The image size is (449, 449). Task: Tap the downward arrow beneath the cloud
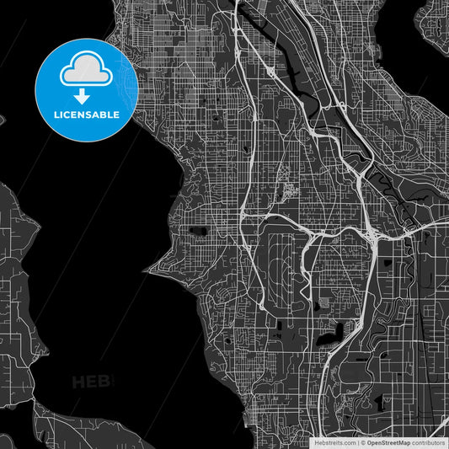pyautogui.click(x=87, y=96)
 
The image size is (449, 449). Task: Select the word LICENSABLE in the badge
pyautogui.click(x=87, y=115)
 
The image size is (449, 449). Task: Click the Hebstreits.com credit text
pyautogui.click(x=334, y=442)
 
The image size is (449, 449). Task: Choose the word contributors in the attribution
pyautogui.click(x=428, y=442)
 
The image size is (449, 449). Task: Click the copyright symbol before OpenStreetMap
pyautogui.click(x=363, y=442)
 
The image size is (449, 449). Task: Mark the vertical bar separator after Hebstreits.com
pyautogui.click(x=357, y=442)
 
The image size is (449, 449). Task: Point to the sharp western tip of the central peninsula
pyautogui.click(x=147, y=270)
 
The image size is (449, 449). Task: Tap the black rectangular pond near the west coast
pyautogui.click(x=199, y=230)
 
